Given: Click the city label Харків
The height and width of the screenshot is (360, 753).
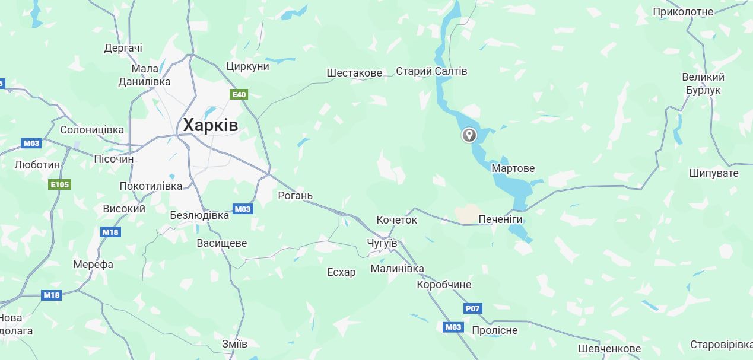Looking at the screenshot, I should tap(210, 125).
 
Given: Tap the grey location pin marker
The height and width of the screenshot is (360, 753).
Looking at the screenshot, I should tap(469, 135).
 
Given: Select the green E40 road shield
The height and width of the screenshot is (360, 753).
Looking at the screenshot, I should tap(239, 94).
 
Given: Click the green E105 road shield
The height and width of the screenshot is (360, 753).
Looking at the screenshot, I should tap(59, 184).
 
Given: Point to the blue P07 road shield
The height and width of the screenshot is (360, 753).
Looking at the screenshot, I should tap(472, 308).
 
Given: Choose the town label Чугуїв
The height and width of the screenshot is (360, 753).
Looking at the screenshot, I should tap(382, 244).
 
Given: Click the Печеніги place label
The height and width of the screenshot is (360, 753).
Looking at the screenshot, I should tap(500, 219).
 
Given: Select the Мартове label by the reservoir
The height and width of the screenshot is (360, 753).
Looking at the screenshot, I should tap(513, 168).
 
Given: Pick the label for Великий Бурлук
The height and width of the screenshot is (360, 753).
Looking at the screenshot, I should tap(703, 84).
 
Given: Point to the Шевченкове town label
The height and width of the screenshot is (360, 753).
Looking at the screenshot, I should tap(609, 349).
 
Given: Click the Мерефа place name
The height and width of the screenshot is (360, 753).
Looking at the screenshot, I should tap(93, 265).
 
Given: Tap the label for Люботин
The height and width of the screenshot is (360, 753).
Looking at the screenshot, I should tap(37, 165).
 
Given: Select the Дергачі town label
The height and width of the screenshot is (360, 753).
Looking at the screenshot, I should tap(123, 48).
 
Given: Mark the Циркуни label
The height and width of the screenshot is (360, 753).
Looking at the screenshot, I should tap(247, 66).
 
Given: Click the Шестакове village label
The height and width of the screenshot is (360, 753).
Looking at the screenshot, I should tap(354, 72).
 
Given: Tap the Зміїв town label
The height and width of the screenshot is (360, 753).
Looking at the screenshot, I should tap(234, 343).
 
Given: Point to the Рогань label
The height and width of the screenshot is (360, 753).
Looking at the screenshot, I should tap(295, 196).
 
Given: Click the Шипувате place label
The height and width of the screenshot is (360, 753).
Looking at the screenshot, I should tap(714, 173).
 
